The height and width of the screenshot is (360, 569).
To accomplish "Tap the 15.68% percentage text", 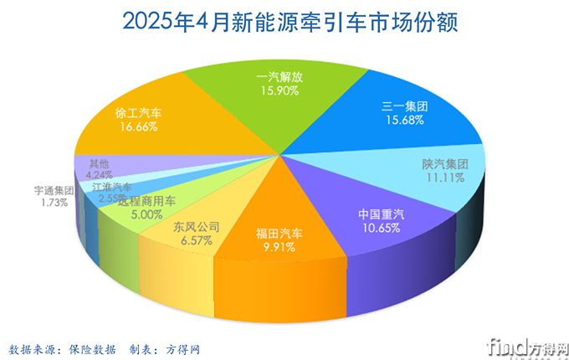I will [x=404, y=120].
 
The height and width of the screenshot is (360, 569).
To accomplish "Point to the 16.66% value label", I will [x=139, y=126].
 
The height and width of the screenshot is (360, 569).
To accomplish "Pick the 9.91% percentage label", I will [x=279, y=247].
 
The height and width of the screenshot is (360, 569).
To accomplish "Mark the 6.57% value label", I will [x=195, y=240].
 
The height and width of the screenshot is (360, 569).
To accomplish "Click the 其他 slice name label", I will [x=86, y=164].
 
